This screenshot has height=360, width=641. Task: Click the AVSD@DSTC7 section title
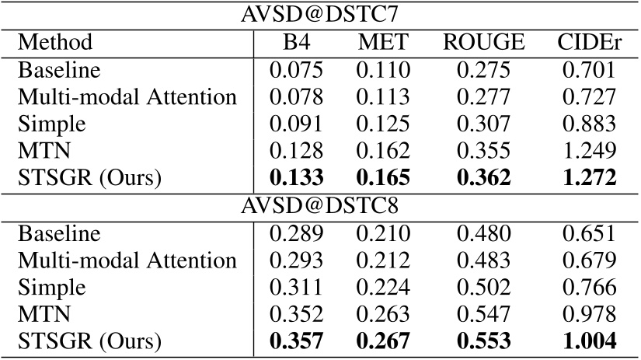click(x=320, y=14)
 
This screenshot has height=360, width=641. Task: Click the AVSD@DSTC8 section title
click(x=320, y=204)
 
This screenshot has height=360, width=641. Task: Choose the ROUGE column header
click(x=483, y=42)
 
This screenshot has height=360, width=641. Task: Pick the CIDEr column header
click(x=587, y=42)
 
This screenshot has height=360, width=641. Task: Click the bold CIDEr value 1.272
click(x=587, y=178)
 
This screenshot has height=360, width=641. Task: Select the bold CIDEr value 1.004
click(x=587, y=341)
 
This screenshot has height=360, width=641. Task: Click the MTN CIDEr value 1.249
click(x=587, y=152)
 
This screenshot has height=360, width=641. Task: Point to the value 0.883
click(x=587, y=124)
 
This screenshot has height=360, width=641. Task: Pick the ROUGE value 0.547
click(x=483, y=314)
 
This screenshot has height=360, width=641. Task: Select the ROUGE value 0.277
click(x=483, y=97)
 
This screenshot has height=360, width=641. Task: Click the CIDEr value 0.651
click(x=587, y=232)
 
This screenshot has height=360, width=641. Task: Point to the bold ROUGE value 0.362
click(x=483, y=178)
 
